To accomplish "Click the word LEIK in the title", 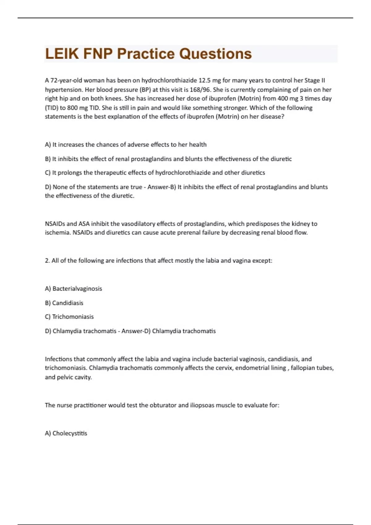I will tap(62, 54).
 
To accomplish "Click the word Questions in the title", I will tap(215, 54).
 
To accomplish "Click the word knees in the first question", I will tap(113, 99).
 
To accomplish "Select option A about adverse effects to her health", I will tap(126, 145).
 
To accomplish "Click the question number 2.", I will tap(47, 261).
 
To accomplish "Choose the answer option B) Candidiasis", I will tap(64, 303).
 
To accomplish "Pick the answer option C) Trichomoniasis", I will tap(69, 317).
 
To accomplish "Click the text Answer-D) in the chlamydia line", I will tap(136, 331).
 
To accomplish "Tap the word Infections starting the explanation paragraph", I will tap(59, 359).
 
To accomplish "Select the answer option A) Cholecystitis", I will tap(66, 433).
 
